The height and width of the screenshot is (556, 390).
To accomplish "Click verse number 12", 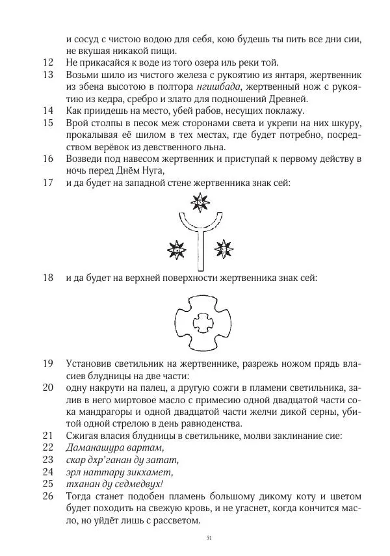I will (47, 63).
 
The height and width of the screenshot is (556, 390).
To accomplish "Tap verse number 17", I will (47, 183).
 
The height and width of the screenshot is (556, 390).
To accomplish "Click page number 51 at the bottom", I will (209, 538).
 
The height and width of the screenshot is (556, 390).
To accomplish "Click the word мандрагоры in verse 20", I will (102, 412).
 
